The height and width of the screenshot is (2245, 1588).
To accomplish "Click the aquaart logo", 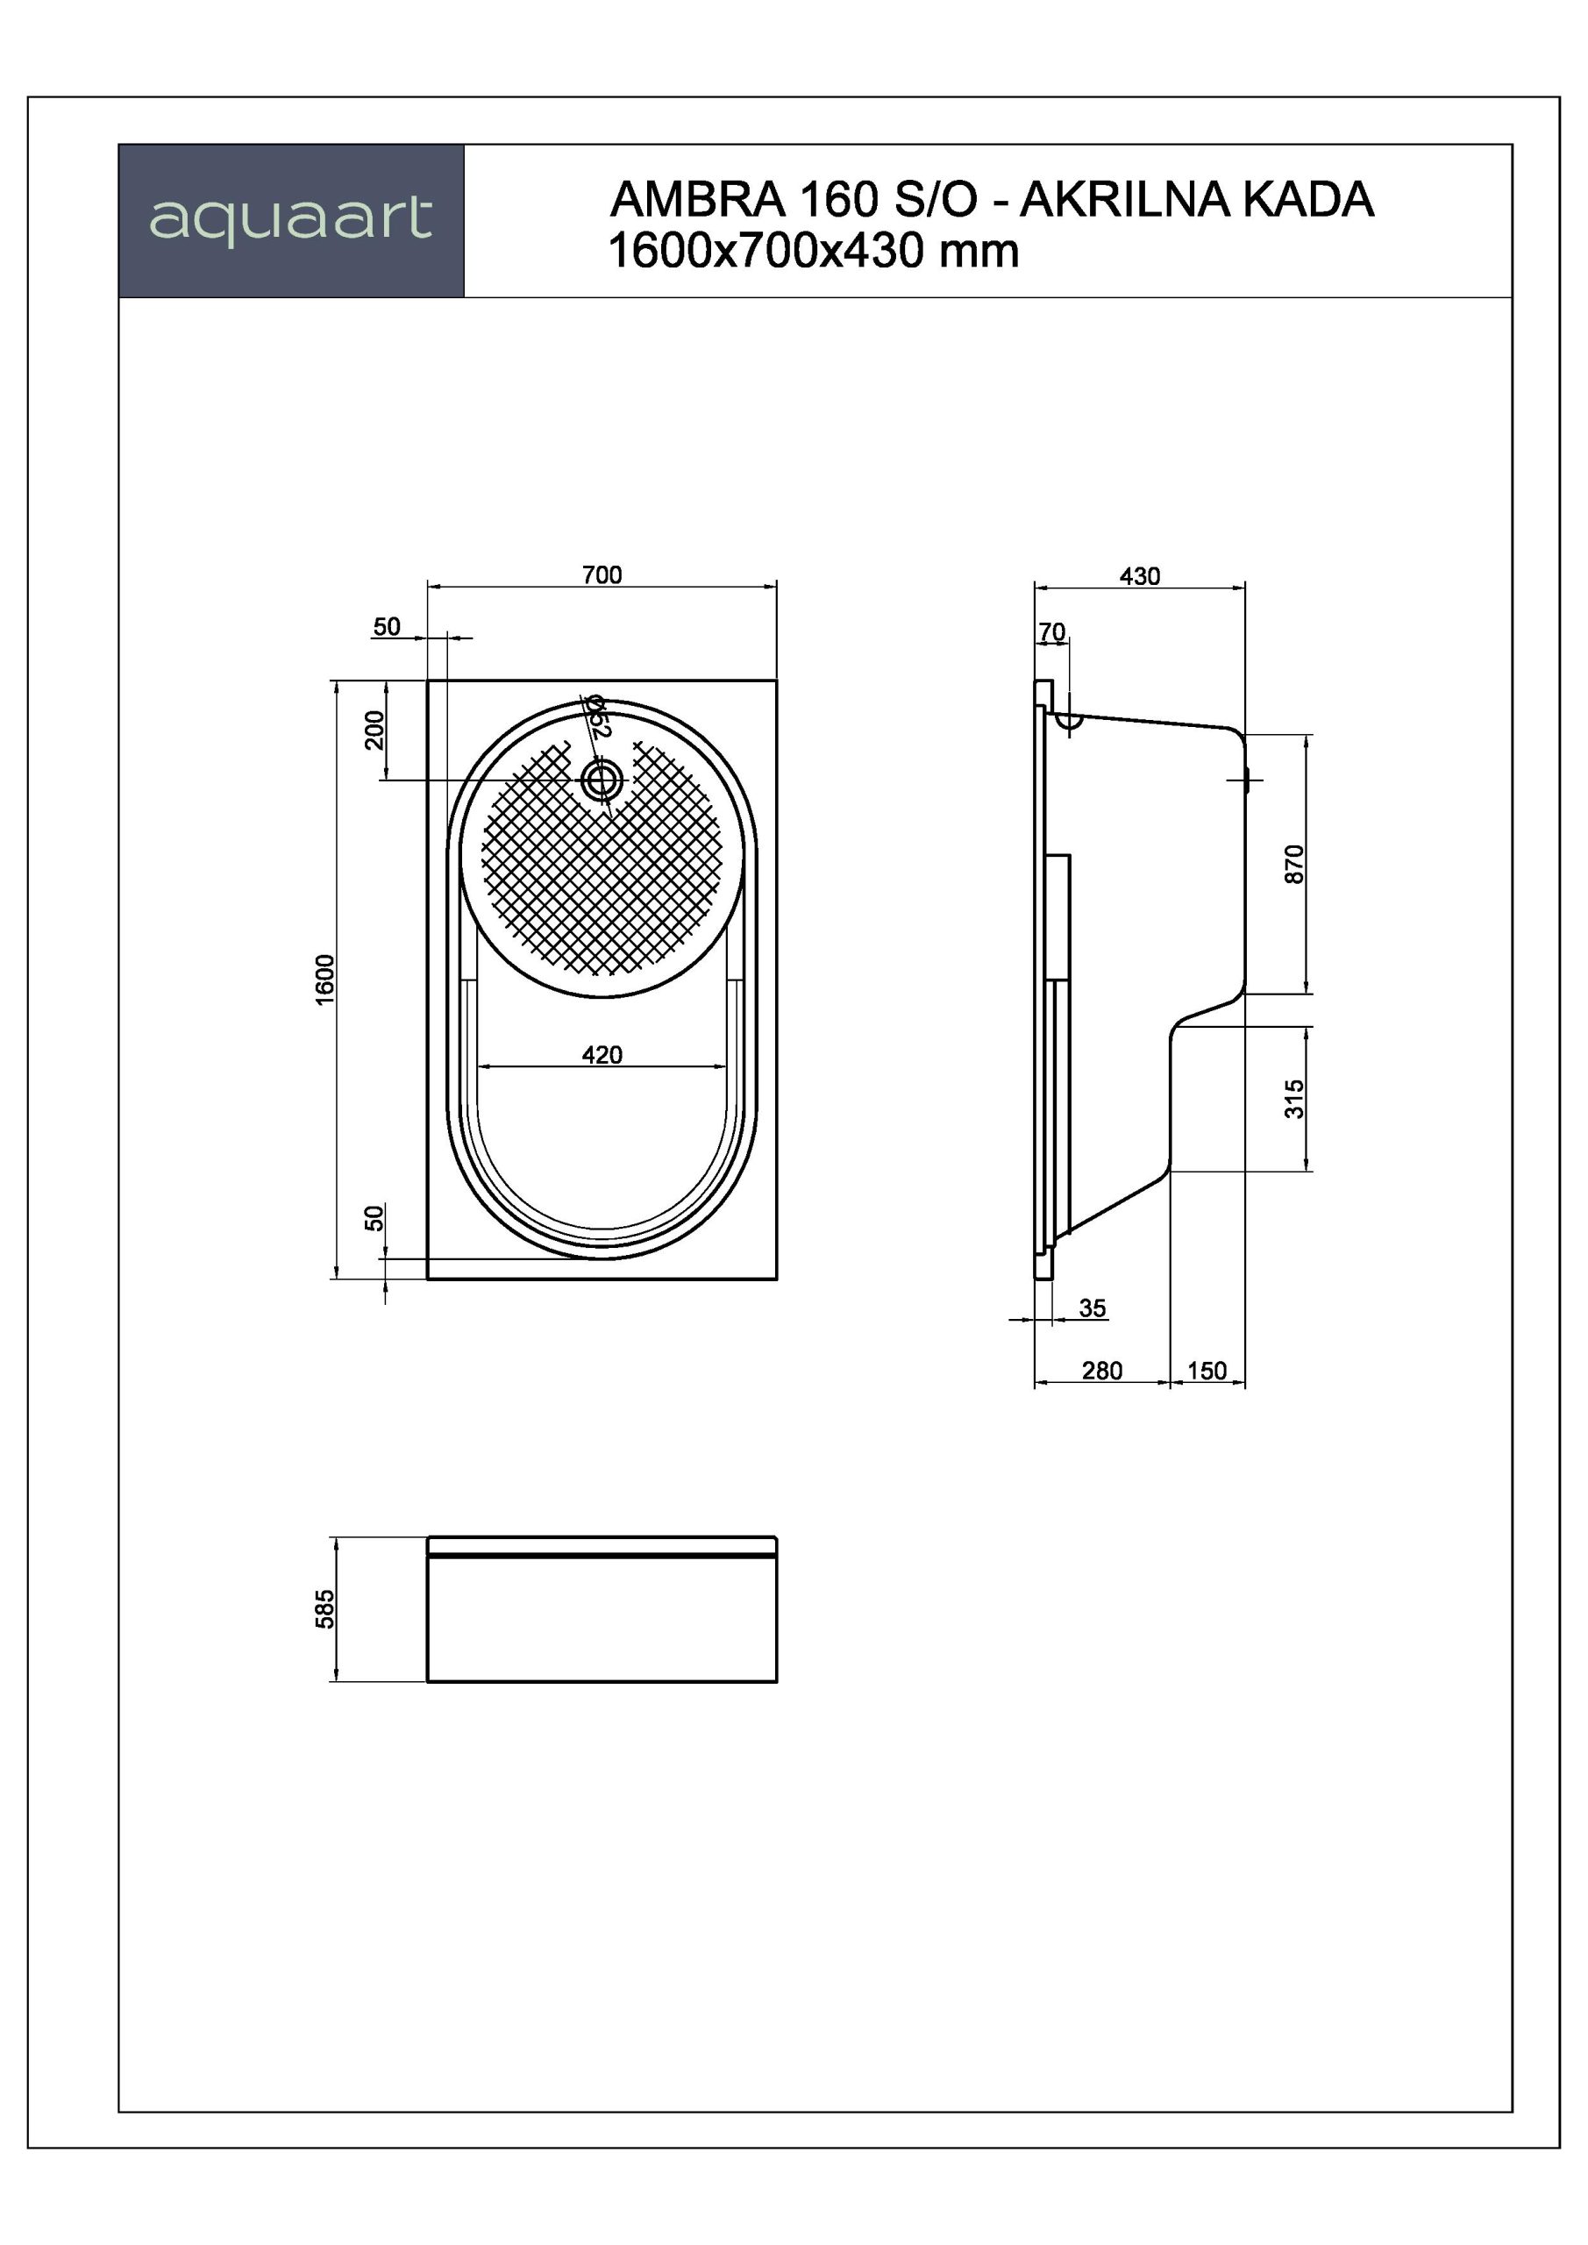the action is coord(290,220).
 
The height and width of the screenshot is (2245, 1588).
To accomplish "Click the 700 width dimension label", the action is coord(602,575).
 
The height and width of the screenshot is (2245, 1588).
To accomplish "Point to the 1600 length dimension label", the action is coord(325,979).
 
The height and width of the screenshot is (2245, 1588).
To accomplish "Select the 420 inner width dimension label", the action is coord(602,1055).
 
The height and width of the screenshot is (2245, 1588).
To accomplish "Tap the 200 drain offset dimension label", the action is coord(374,730).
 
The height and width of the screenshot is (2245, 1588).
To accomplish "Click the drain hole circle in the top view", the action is coord(602,780).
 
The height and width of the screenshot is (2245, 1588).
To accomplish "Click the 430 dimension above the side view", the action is coord(1140,576).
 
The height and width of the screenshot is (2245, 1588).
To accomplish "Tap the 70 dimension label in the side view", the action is coord(1052,632).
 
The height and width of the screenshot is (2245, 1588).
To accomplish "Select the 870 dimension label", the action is coord(1293,865).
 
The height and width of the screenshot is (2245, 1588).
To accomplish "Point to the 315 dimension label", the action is coord(1293,1099).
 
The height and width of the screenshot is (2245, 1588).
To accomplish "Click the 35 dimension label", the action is coord(1093,1308).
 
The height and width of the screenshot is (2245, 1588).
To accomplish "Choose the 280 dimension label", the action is coord(1102,1371).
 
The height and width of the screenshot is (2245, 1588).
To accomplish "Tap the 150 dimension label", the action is coord(1207,1371).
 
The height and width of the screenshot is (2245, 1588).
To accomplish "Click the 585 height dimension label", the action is coord(324,1609).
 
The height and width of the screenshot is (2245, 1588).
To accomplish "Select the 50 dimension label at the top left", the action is coord(388,627).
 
